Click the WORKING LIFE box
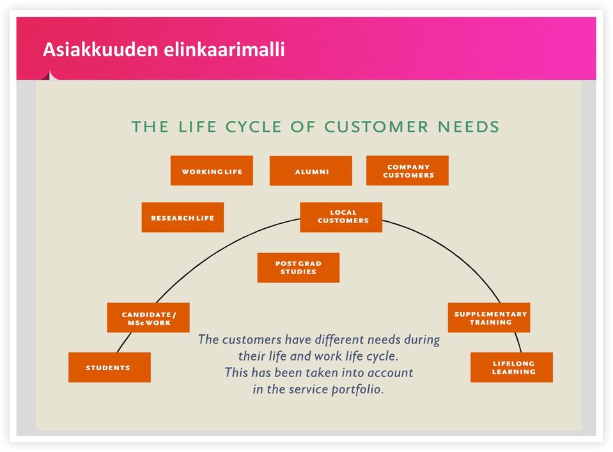tap(212, 171)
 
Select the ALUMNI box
tap(311, 171)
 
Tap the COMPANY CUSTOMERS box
tap(407, 171)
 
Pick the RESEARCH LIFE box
tap(183, 217)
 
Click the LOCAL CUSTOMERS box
tap(341, 217)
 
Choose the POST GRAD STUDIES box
tap(299, 267)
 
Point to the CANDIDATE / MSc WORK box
tap(148, 318)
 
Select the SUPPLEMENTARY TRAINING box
tap(489, 318)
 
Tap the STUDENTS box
tap(109, 367)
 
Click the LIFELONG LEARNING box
tap(512, 367)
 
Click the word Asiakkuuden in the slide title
tap(100, 50)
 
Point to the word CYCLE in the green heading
tap(253, 127)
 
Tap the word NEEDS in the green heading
tap(469, 127)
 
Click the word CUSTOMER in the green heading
tap(376, 127)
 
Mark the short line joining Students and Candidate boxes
tap(124, 343)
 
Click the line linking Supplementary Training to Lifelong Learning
tap(518, 343)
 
